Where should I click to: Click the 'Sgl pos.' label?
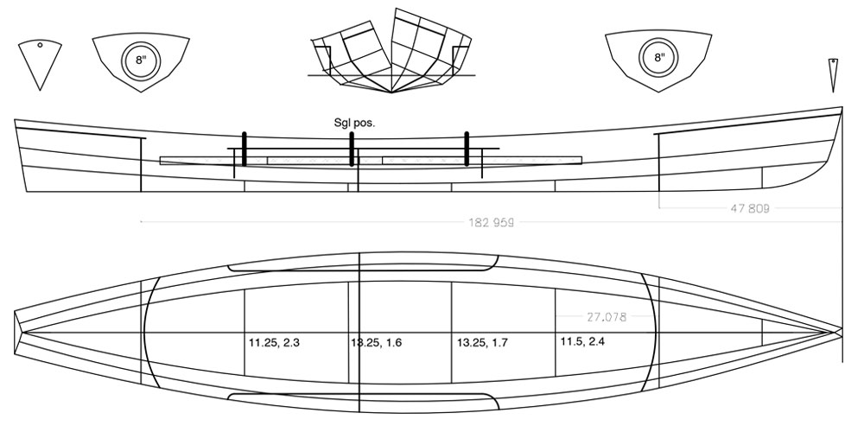pos(353,123)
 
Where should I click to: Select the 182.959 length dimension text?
pos(491,222)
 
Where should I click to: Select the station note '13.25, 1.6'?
pos(376,343)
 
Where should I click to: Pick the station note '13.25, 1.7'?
pos(482,343)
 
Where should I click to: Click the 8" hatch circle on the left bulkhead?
pos(141,60)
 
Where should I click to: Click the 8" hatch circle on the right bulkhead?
pos(658,58)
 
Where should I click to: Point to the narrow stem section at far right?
pos(833,74)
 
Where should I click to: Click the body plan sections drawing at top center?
pos(392,52)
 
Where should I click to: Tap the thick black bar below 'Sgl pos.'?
pos(352,149)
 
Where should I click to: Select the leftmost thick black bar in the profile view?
pos(245,149)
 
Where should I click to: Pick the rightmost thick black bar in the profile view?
pos(467,149)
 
